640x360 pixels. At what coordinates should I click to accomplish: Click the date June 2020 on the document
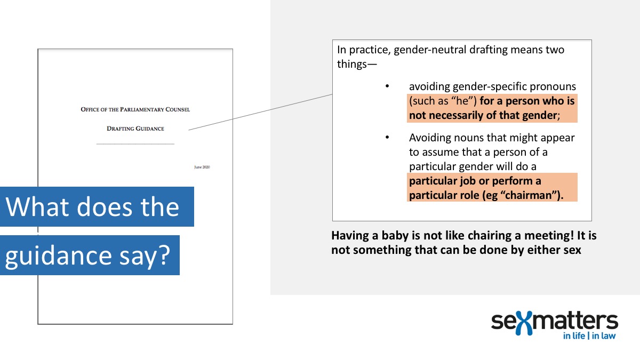coord(202,167)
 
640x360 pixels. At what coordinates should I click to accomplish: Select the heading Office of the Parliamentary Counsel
coord(135,109)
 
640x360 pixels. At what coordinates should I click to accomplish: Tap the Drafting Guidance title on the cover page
coord(135,129)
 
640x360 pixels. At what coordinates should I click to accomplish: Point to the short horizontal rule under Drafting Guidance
coord(135,144)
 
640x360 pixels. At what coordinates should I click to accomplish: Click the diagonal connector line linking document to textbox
coord(261,111)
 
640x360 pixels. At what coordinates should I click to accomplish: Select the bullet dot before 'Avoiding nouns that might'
coord(388,138)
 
